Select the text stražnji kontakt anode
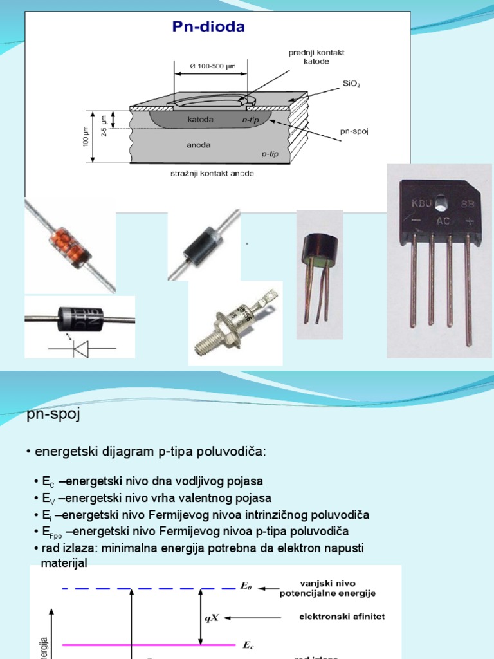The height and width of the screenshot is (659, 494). click(x=207, y=173)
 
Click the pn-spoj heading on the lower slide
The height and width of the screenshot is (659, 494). click(x=53, y=414)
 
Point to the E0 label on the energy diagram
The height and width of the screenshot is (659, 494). click(x=247, y=586)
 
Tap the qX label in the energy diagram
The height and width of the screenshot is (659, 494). click(x=212, y=617)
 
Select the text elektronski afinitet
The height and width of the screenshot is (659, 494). click(x=333, y=617)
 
